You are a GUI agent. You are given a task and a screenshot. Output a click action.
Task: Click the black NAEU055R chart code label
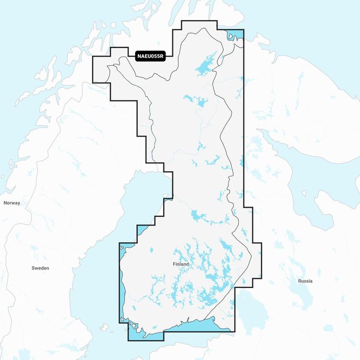150,56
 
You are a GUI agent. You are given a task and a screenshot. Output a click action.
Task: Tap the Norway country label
12,203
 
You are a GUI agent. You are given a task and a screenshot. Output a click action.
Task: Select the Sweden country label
40,268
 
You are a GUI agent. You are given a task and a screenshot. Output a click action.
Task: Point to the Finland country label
181,264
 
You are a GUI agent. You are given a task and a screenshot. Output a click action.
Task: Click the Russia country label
305,281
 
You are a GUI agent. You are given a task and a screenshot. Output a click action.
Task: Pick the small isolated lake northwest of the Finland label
152,250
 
